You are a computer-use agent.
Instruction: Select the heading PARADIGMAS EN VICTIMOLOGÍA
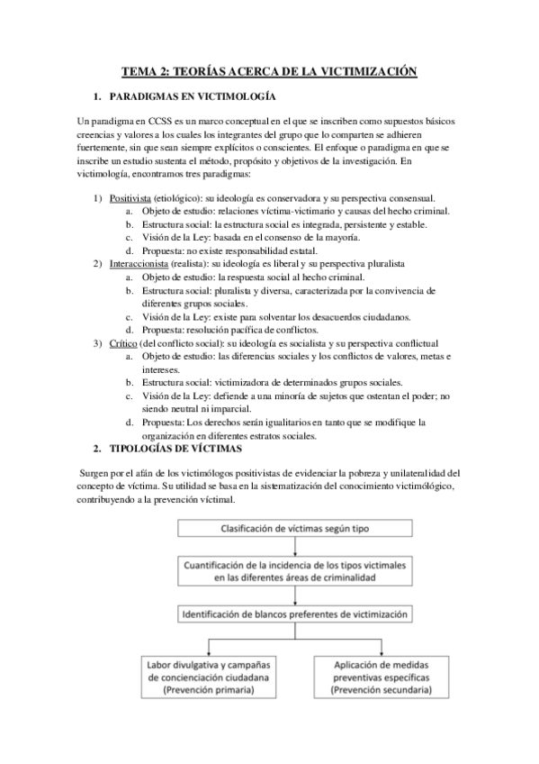click(x=192, y=95)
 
